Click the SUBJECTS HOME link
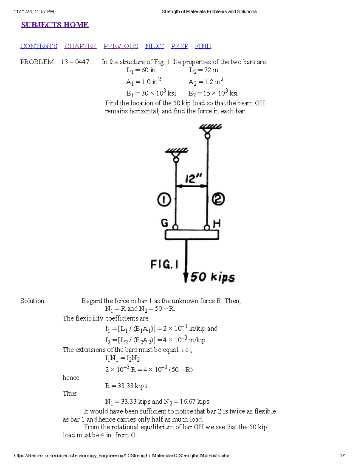click(55, 25)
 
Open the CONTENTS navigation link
click(39, 46)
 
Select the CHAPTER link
click(80, 46)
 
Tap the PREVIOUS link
click(121, 46)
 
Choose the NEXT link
click(155, 46)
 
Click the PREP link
click(180, 46)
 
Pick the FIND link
click(203, 46)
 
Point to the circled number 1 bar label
click(164, 199)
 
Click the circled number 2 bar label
click(218, 199)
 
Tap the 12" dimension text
click(193, 179)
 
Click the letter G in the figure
click(165, 223)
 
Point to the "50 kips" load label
click(212, 277)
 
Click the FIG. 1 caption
click(164, 264)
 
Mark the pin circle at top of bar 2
click(208, 136)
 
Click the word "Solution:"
click(33, 301)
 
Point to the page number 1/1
click(343, 456)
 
